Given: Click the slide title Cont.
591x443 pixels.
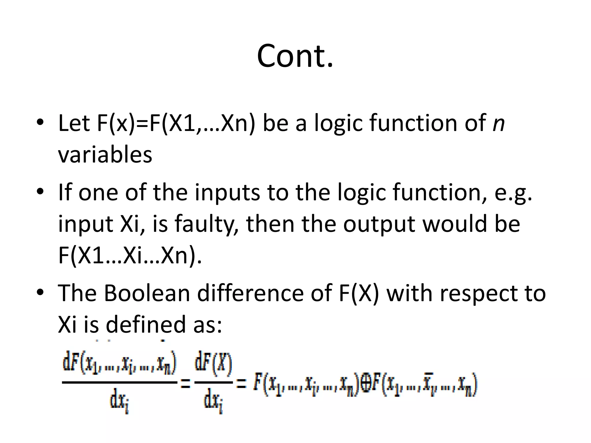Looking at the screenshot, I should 295,56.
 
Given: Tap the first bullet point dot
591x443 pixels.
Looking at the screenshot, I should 40,122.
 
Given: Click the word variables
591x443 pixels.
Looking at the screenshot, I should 105,155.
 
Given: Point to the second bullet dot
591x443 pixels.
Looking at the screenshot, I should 40,191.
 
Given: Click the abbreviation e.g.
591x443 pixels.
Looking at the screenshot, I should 513,193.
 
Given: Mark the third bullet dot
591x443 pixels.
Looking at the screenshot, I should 40,292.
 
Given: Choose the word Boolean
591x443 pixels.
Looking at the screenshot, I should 147,293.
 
